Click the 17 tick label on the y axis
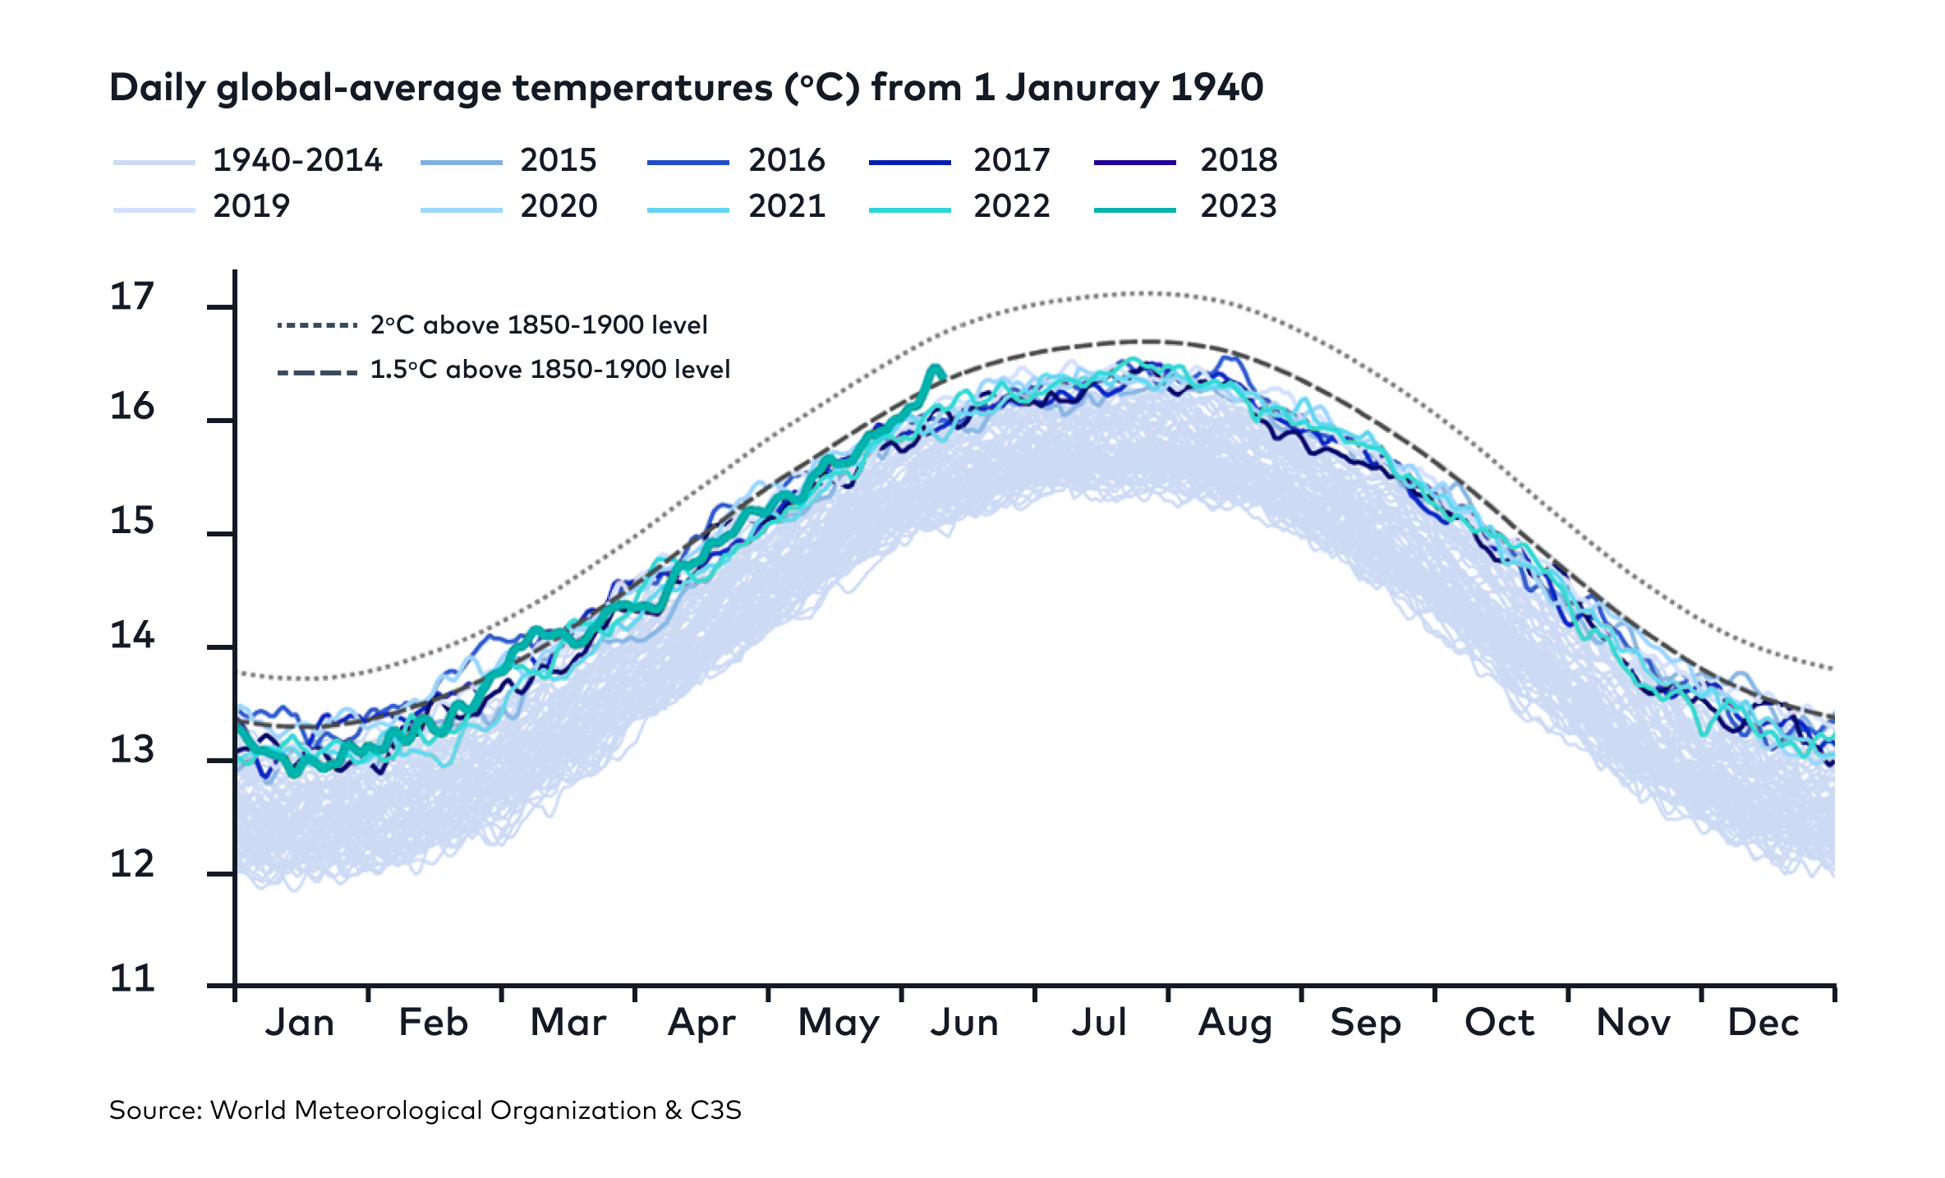[x=131, y=297]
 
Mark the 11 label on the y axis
[x=131, y=978]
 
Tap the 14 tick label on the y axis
[x=131, y=636]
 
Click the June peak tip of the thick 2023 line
[x=935, y=367]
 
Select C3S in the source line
[x=715, y=1111]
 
